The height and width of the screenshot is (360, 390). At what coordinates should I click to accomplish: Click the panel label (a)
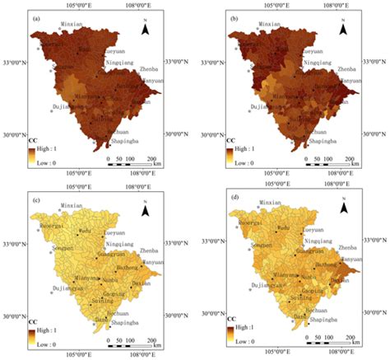pos(37,16)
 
